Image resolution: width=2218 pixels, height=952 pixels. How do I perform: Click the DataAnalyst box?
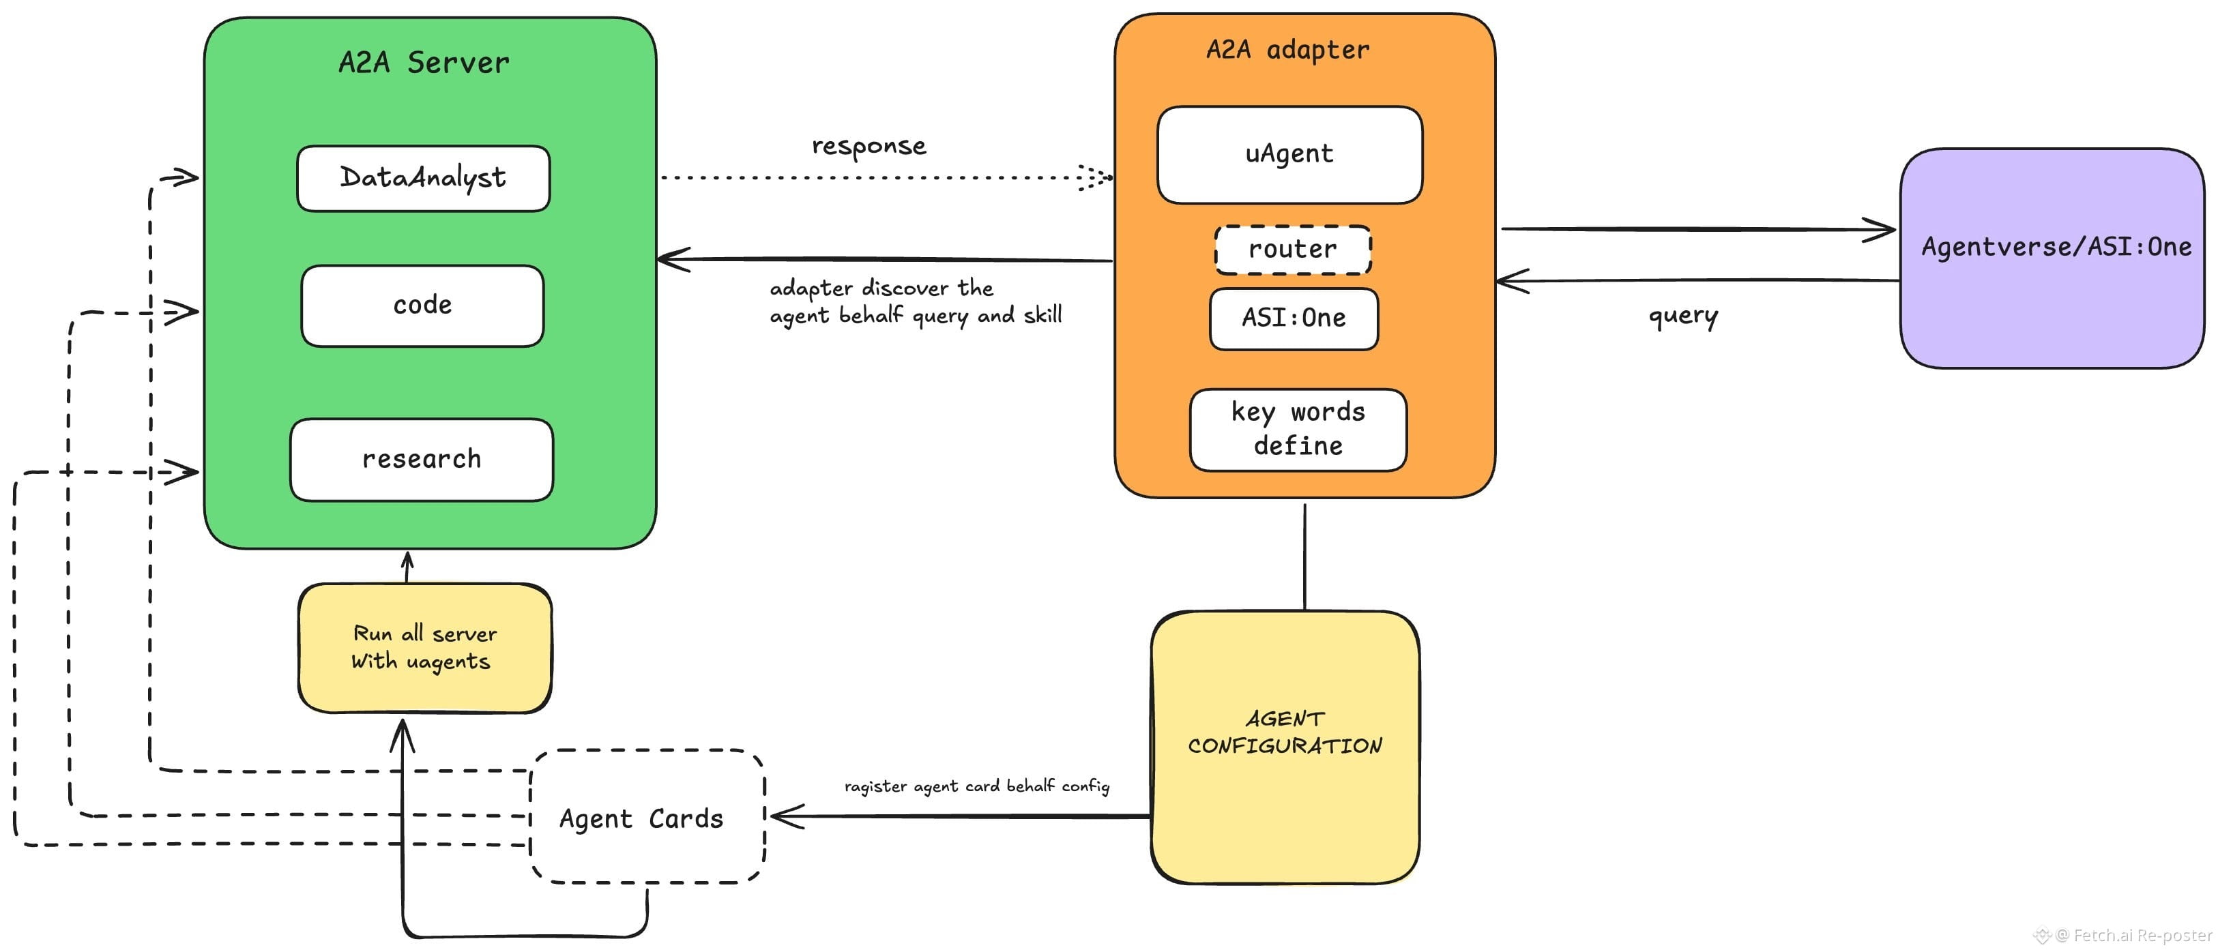[x=423, y=178]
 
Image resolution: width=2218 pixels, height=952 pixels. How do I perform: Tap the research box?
[x=421, y=460]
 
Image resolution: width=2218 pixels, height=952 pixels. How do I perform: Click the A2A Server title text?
[x=424, y=63]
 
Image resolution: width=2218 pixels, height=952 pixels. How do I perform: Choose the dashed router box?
[x=1292, y=250]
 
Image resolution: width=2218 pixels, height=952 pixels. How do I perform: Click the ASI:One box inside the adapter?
[x=1294, y=318]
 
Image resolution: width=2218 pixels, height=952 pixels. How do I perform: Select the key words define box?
[x=1298, y=430]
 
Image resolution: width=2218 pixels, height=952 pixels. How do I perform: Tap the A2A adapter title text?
[x=1287, y=50]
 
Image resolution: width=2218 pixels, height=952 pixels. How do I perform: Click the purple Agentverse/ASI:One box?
[x=2052, y=258]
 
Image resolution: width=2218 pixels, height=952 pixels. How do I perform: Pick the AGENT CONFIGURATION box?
[x=1285, y=747]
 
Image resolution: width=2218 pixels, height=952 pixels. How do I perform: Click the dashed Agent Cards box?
[x=647, y=816]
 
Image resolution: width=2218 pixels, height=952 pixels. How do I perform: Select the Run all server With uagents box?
[x=424, y=648]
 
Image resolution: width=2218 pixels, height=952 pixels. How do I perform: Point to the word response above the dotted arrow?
[x=869, y=147]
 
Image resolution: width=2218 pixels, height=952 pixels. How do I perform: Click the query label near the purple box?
[x=1682, y=316]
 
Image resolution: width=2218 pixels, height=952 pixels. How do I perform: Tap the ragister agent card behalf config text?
[x=976, y=786]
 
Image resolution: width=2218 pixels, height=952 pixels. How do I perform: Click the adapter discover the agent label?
[x=916, y=302]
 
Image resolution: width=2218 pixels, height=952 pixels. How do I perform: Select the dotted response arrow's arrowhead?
[x=1095, y=177]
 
